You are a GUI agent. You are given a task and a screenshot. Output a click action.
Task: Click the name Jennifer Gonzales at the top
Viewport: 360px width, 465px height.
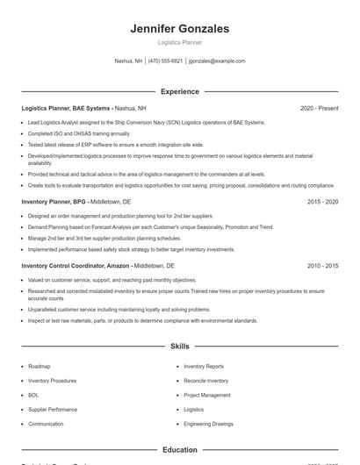coord(179,29)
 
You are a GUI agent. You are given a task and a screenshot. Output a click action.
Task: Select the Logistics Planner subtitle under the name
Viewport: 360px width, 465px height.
coord(179,43)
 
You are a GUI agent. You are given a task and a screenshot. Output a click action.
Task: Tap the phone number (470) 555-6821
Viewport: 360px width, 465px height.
coord(165,61)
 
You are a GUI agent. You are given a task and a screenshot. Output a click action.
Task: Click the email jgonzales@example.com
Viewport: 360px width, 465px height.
coord(216,61)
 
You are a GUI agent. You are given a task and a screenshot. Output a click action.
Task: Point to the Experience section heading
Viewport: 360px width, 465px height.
coord(179,91)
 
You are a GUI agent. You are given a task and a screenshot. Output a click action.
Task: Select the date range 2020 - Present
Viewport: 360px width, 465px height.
coord(319,108)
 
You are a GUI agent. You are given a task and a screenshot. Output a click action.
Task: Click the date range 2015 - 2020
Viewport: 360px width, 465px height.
coord(322,201)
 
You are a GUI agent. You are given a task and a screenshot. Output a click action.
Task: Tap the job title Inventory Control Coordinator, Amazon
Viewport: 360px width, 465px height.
coord(76,265)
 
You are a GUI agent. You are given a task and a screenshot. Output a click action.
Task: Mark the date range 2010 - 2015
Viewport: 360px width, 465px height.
coord(322,265)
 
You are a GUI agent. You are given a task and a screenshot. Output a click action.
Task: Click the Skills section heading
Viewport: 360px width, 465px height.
coord(179,347)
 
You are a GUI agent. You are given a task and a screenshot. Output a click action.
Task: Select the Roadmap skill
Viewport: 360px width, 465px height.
coord(39,366)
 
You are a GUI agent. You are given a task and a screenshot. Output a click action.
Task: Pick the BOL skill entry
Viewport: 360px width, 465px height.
coord(33,395)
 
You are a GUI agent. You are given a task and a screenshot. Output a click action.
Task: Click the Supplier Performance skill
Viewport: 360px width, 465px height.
coord(52,410)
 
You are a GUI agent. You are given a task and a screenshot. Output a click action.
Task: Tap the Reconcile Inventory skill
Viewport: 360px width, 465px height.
coord(205,381)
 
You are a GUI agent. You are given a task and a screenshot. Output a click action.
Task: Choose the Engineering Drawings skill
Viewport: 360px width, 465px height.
coord(209,424)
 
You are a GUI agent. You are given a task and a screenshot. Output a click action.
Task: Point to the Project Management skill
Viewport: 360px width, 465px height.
coord(207,395)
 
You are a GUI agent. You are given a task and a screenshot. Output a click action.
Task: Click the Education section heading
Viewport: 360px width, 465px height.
coord(179,449)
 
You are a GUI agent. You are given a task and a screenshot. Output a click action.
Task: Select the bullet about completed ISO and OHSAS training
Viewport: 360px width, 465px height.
coord(79,133)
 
